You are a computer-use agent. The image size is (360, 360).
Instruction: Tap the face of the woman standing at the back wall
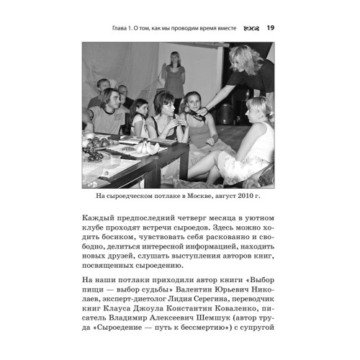[174, 58]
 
